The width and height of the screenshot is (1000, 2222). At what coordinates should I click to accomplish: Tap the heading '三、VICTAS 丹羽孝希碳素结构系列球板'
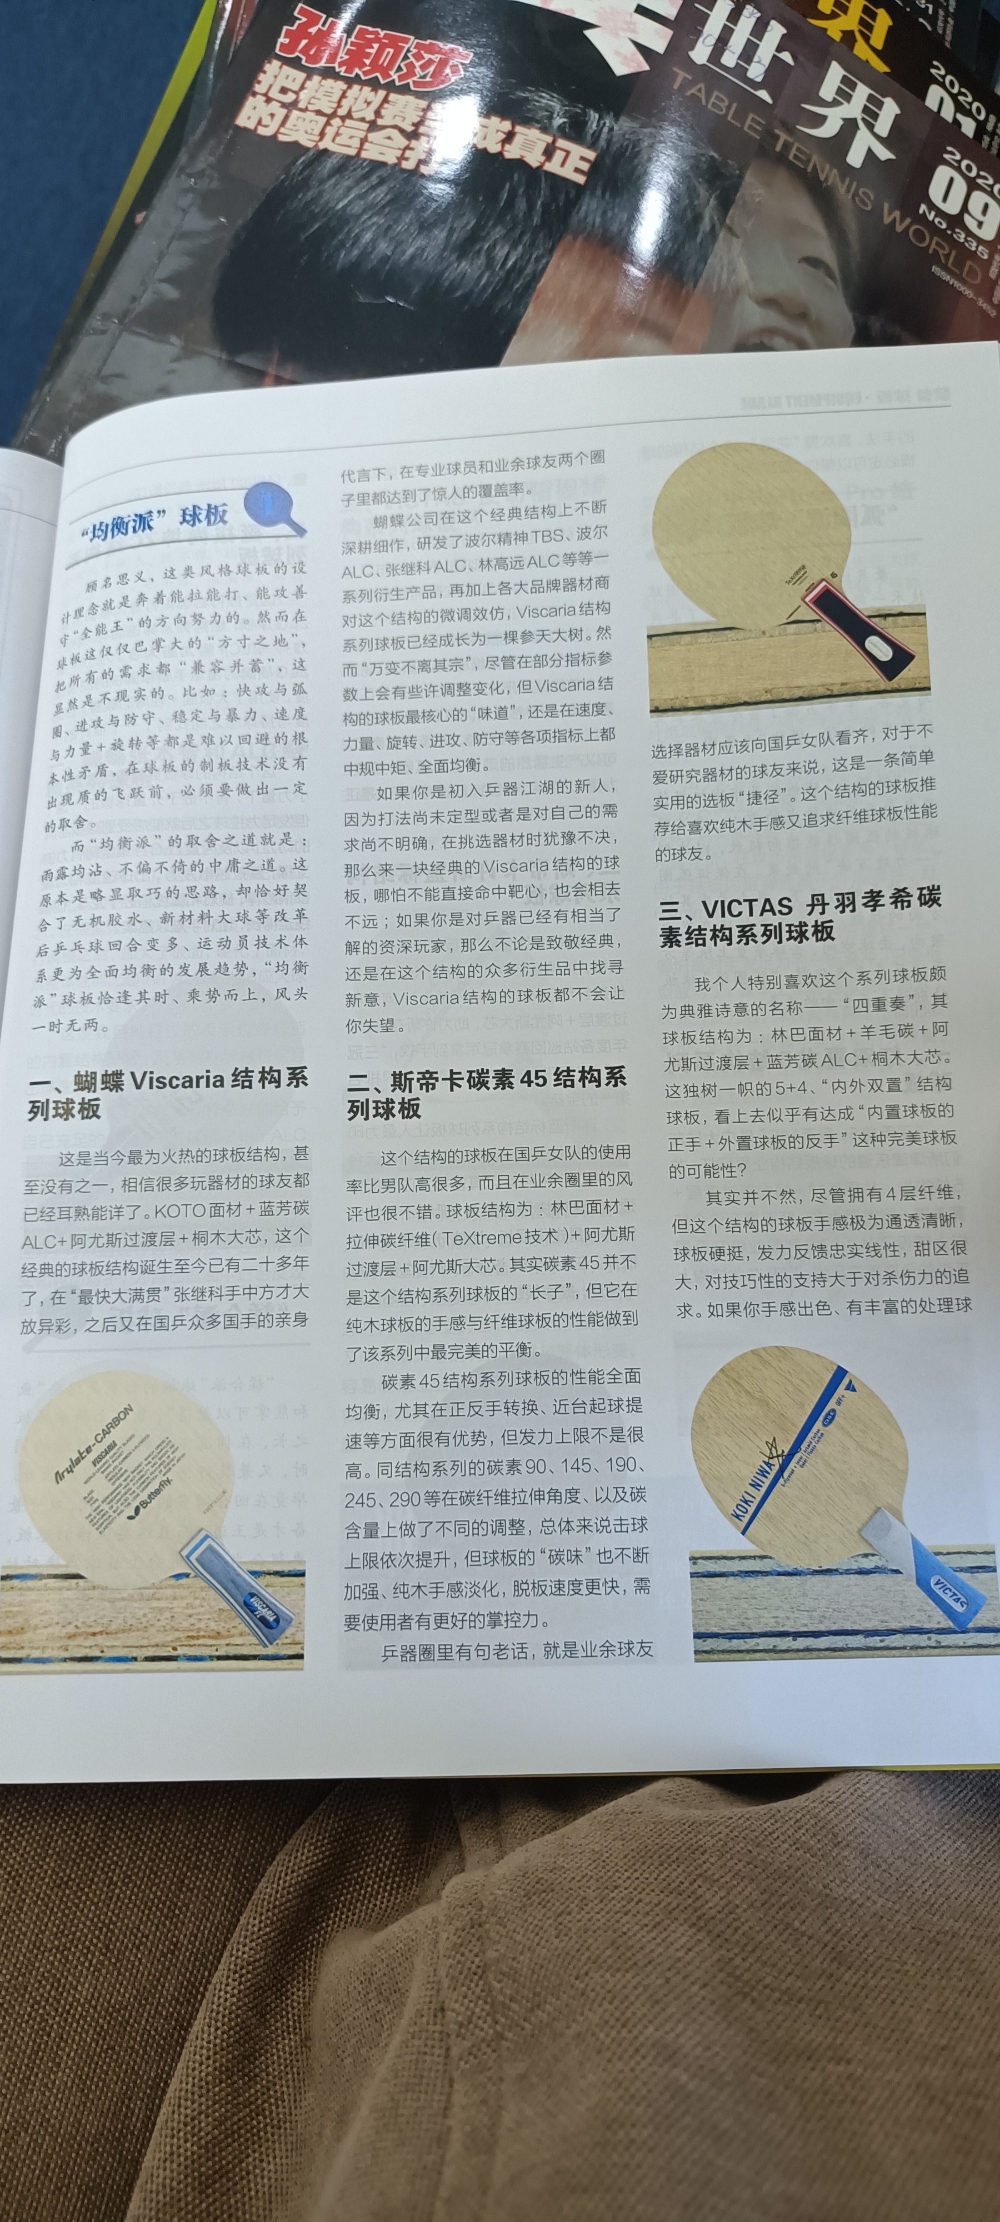coord(799,919)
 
